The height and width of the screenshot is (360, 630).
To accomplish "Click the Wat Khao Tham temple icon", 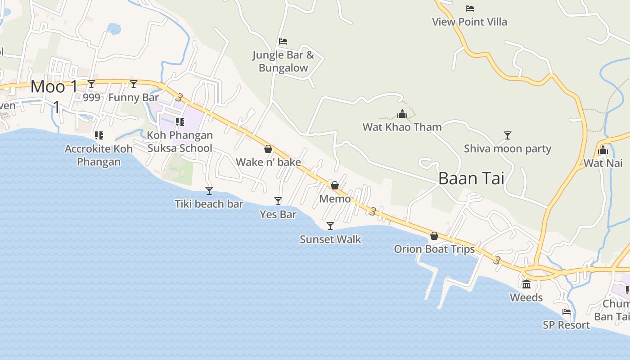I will point(402,114).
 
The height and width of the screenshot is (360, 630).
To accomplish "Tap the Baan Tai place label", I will point(471,179).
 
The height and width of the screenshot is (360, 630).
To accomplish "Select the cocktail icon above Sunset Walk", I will point(330,226).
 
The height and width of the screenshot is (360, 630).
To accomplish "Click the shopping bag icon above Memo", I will point(335,185).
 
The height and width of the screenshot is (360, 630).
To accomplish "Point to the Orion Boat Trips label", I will point(434,249).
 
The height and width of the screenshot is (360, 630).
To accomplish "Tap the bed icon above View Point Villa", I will point(470,9).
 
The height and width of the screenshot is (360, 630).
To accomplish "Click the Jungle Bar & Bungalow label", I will point(283,62).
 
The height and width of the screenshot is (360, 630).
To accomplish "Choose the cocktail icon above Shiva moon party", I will point(508,135).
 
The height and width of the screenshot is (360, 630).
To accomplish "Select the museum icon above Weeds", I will point(526,284).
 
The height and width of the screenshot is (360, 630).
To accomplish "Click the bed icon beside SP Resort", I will point(567,311).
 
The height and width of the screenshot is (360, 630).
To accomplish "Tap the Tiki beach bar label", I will point(209,204).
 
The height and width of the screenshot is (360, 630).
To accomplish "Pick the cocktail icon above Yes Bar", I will point(278,201).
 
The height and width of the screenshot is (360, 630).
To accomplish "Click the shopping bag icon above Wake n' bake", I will point(268,149).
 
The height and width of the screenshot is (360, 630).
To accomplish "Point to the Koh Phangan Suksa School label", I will point(180,142).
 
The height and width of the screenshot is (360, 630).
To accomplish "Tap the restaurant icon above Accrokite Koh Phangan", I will point(99,135).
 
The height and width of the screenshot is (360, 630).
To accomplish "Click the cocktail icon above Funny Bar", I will point(134,84).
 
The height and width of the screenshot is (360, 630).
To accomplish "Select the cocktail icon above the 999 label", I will point(91,84).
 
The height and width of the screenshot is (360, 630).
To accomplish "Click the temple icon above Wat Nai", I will point(603,150).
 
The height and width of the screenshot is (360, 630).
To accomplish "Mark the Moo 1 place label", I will point(54,87).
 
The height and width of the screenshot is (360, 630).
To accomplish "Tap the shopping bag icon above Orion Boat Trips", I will point(434,236).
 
